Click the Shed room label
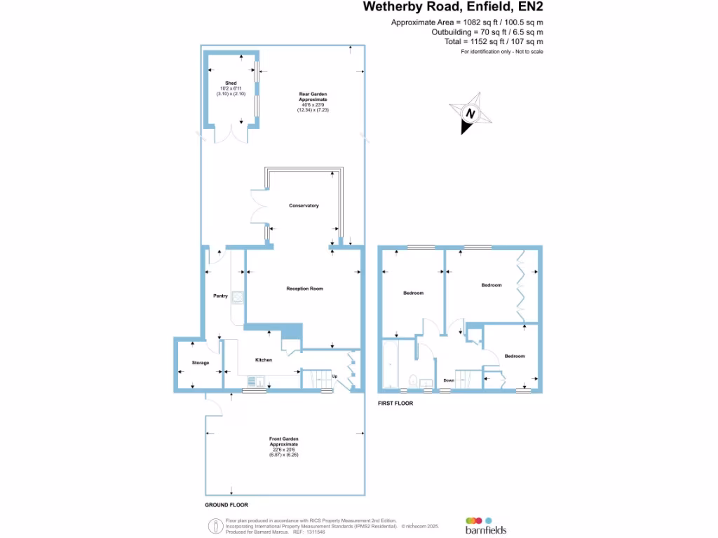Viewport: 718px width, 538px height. click(231, 83)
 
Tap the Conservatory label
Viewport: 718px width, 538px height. click(304, 205)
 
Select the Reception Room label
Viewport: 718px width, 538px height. click(304, 289)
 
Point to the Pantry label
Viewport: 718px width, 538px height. click(221, 296)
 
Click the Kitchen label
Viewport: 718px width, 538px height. click(264, 360)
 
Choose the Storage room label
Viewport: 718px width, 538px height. click(201, 363)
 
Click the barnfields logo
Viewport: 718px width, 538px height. click(485, 526)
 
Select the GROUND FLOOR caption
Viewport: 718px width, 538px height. click(226, 504)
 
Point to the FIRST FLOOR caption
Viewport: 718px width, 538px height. click(395, 403)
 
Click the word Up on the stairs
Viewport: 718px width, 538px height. click(334, 376)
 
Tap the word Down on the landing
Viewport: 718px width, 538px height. click(449, 380)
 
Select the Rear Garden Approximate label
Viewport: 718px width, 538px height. click(313, 97)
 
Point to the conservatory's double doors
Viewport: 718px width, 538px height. click(257, 208)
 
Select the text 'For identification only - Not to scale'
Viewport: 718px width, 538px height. click(501, 52)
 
